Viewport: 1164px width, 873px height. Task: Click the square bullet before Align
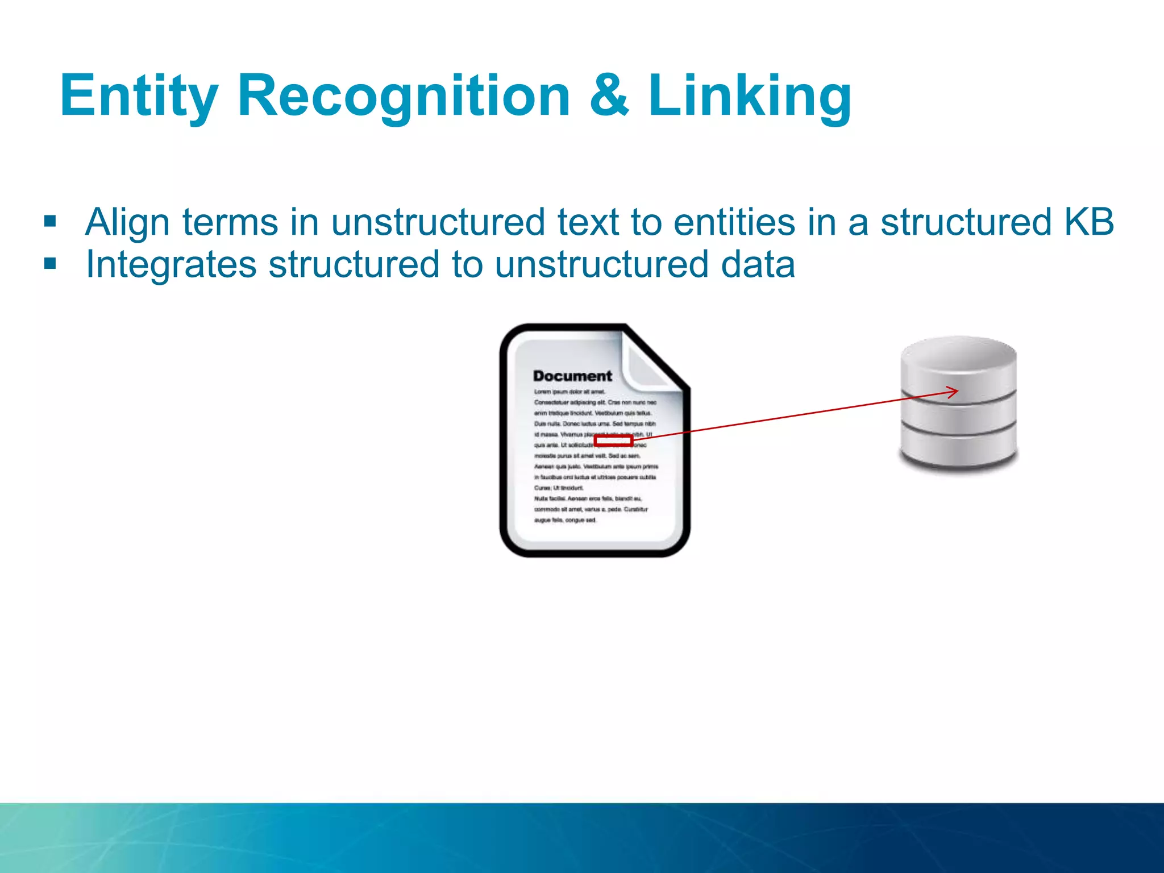point(50,221)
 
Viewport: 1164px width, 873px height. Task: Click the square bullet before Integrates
point(50,264)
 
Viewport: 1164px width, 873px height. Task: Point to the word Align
point(127,222)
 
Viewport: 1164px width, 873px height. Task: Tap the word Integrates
point(171,265)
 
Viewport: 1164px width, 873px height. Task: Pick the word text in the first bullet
point(588,222)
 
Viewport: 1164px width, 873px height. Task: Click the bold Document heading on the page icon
point(572,376)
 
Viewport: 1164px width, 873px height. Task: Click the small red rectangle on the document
point(613,440)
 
